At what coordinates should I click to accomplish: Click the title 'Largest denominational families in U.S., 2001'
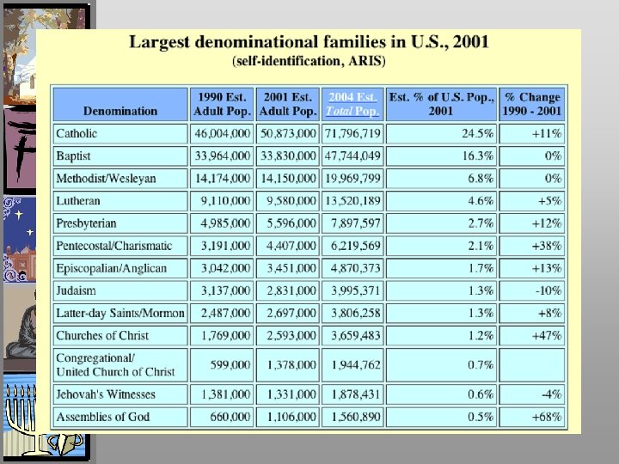pyautogui.click(x=309, y=42)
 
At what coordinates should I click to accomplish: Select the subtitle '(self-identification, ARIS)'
pyautogui.click(x=309, y=61)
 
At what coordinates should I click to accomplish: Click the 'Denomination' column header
pyautogui.click(x=120, y=111)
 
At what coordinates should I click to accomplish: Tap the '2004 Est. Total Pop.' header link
pyautogui.click(x=352, y=104)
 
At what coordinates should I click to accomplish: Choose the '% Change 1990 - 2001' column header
pyautogui.click(x=532, y=104)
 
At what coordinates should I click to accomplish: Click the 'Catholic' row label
pyautogui.click(x=77, y=134)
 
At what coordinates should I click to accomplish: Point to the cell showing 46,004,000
pyautogui.click(x=223, y=134)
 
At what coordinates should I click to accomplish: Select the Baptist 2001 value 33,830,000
pyautogui.click(x=287, y=156)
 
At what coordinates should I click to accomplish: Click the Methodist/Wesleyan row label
pyautogui.click(x=106, y=179)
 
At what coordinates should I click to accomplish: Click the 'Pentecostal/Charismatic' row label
pyautogui.click(x=113, y=246)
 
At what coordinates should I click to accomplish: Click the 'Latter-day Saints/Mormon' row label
pyautogui.click(x=120, y=313)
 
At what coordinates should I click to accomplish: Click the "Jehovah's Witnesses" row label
pyautogui.click(x=105, y=394)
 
